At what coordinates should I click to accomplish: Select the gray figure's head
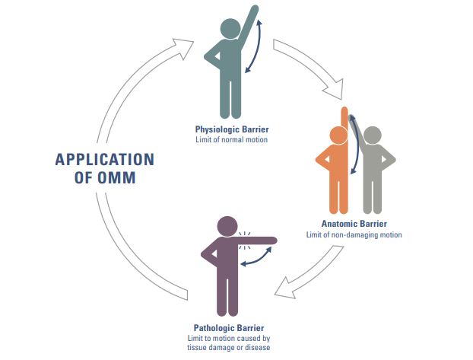pos(371,136)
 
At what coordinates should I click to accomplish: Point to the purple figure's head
pos(228,227)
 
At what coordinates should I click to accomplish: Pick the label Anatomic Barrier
pos(354,224)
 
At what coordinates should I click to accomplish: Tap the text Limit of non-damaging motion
pos(354,234)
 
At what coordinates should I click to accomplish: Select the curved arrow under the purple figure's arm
pos(256,262)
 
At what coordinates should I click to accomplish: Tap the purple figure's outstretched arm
pos(259,241)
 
